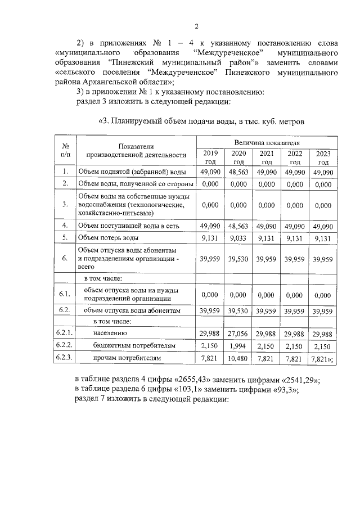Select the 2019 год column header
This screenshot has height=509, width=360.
pyautogui.click(x=209, y=157)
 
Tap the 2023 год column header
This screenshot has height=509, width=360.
pyautogui.click(x=323, y=157)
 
